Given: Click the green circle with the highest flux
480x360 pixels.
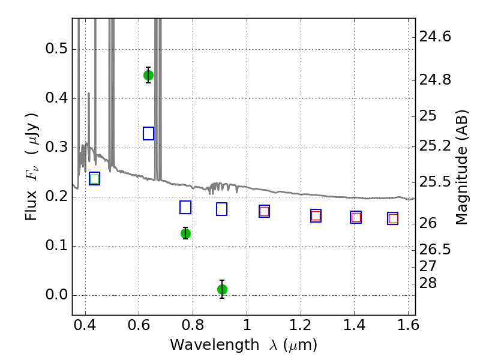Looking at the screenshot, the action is (148, 76).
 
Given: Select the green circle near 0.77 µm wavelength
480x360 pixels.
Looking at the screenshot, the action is (185, 233).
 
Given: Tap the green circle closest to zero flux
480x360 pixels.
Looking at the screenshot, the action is (222, 289).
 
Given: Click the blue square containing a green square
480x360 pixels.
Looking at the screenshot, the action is (95, 179).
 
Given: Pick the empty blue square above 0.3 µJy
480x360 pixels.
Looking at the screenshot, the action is (148, 133).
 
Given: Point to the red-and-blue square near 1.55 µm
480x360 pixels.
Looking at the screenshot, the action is (393, 218).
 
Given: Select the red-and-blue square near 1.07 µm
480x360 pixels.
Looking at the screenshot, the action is (264, 211).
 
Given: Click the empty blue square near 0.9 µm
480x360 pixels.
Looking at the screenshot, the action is (221, 209).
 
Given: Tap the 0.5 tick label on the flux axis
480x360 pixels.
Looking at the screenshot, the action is (56, 49).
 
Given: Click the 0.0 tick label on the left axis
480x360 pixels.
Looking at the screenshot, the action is (56, 295).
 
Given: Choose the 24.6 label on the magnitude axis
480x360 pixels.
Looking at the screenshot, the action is (435, 37).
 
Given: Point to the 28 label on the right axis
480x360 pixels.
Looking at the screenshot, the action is (428, 283).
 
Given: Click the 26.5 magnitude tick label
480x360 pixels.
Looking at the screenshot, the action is (435, 250).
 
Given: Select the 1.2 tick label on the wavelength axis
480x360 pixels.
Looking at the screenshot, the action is (301, 325).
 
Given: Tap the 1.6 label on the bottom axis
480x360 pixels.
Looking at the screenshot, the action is (408, 325).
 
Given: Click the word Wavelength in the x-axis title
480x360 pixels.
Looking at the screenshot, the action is (215, 345).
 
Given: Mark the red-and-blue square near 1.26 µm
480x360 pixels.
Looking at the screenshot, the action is (316, 216).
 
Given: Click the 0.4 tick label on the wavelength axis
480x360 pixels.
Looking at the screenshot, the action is (85, 325).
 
